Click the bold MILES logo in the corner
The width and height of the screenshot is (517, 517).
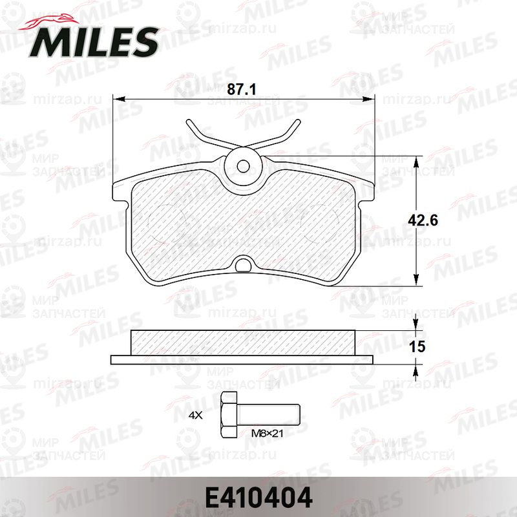tap(94, 43)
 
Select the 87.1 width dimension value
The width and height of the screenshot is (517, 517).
tap(242, 89)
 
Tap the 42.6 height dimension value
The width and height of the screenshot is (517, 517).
tap(423, 220)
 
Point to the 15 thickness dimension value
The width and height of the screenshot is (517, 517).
tap(417, 346)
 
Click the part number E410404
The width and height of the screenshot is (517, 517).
tap(258, 498)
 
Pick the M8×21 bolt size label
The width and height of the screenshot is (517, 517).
tap(267, 433)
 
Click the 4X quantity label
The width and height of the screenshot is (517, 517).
tap(195, 415)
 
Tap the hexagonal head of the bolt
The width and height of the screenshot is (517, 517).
tap(229, 415)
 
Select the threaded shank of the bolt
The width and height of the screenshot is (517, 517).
tap(268, 415)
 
